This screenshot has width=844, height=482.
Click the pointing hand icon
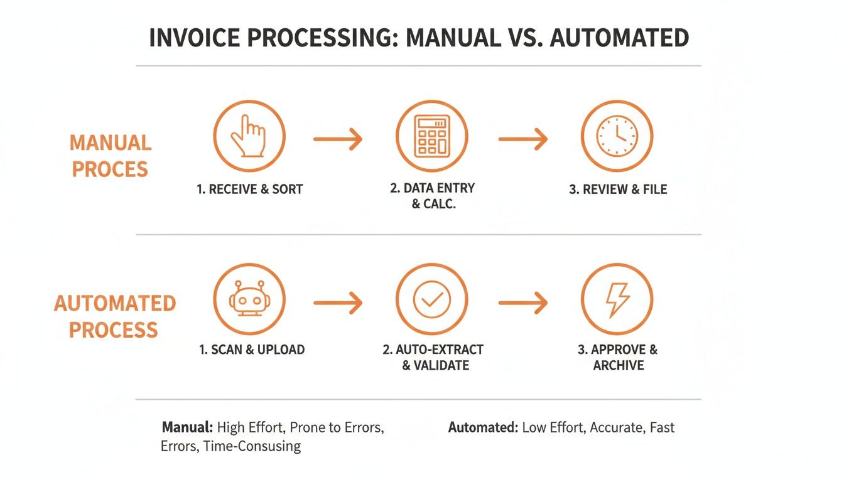(x=249, y=136)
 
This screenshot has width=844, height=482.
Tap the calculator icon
(x=431, y=136)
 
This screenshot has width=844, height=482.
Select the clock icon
(x=617, y=136)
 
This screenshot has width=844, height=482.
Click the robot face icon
(x=249, y=299)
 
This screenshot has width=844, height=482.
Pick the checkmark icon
(x=431, y=299)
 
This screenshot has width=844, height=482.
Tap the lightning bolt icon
(x=617, y=299)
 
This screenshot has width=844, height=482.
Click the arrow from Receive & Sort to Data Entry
(x=338, y=139)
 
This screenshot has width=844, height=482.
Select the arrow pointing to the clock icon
(x=523, y=139)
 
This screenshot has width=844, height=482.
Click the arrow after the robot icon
(x=338, y=303)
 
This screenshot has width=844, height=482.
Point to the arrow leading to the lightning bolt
(x=523, y=303)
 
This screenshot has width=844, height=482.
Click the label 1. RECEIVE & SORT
(x=249, y=189)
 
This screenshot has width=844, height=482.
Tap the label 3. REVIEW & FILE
(x=618, y=189)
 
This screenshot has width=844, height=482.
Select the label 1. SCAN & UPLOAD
(x=252, y=350)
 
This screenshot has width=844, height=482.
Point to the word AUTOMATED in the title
(x=619, y=39)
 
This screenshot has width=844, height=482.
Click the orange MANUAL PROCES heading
(x=110, y=156)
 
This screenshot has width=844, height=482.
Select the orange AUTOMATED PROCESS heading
(x=114, y=316)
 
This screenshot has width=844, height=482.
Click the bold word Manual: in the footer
(x=187, y=428)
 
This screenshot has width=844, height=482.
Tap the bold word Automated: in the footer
(x=483, y=428)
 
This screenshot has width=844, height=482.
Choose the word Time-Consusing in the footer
(x=252, y=447)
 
